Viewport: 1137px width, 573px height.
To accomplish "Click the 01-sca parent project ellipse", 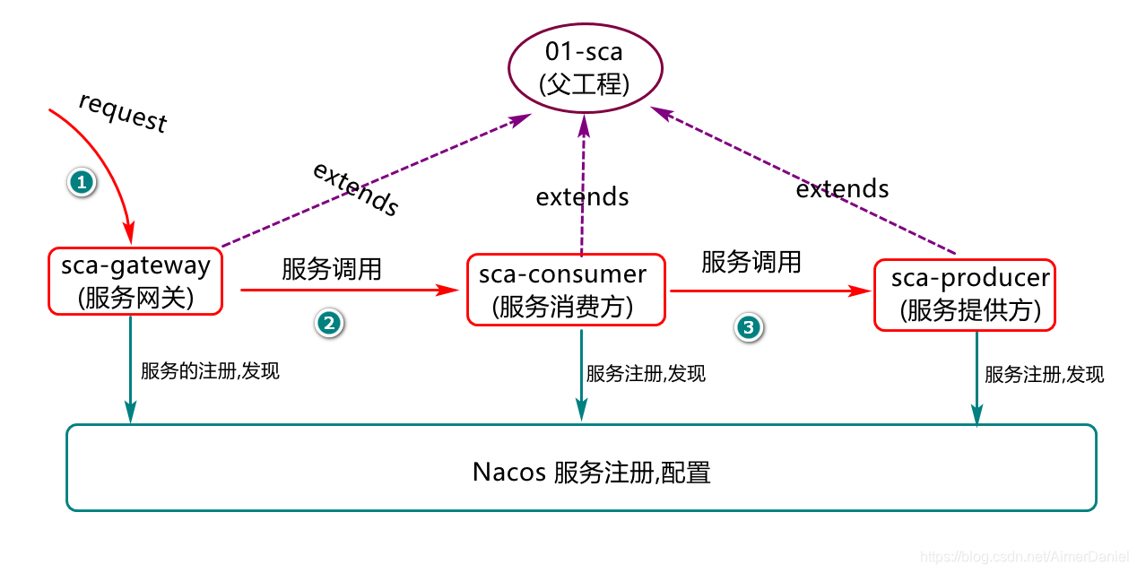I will click(585, 68).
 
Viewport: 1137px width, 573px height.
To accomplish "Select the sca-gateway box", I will click(135, 281).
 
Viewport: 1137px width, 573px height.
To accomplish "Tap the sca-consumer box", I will click(566, 290).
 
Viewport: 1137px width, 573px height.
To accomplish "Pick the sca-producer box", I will click(965, 295).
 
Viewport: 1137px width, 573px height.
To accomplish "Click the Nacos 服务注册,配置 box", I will click(581, 468).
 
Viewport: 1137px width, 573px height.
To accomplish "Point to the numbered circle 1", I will click(82, 182).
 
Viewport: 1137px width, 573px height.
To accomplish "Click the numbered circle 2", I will click(328, 324).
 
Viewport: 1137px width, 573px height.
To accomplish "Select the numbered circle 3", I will click(748, 328).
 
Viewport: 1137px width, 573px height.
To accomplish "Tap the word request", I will click(123, 112).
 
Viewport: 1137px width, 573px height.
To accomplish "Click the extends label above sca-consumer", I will click(582, 196).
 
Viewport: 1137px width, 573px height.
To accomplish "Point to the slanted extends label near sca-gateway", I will click(355, 190).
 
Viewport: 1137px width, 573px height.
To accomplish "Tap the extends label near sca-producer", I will click(842, 188).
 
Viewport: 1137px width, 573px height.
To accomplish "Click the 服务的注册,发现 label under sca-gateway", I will click(210, 370).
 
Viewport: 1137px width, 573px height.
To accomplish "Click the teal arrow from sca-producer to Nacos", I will click(976, 377).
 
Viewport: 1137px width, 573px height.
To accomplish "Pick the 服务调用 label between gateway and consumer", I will click(332, 269).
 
